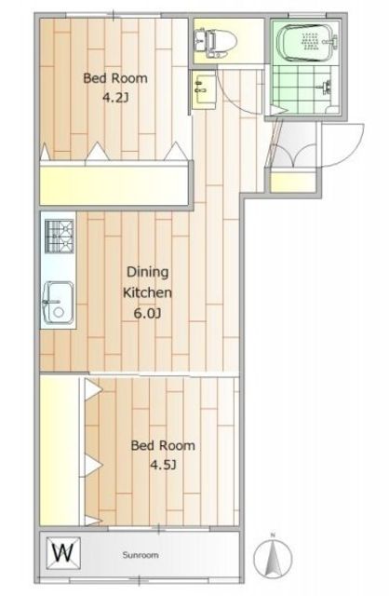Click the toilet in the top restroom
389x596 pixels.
tap(216, 41)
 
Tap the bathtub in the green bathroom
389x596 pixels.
tap(308, 42)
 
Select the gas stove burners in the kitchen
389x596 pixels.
tap(60, 236)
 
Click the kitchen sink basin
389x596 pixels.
tap(58, 303)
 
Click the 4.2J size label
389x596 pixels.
tap(115, 98)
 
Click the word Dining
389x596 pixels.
tap(147, 273)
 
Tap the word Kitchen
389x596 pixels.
tap(147, 292)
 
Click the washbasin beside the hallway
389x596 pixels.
tap(204, 90)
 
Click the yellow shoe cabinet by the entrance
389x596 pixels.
tap(293, 181)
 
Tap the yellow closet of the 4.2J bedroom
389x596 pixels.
tap(114, 185)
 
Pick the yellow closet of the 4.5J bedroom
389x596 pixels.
tap(59, 451)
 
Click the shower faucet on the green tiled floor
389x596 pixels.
tap(325, 88)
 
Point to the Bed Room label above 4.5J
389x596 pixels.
tap(163, 445)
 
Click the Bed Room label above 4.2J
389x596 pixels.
tap(115, 78)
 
